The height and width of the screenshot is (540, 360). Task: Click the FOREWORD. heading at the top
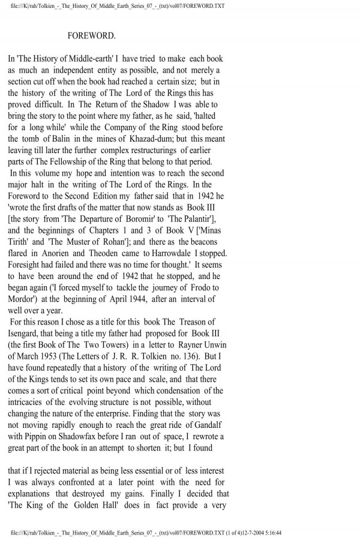(x=91, y=35)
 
